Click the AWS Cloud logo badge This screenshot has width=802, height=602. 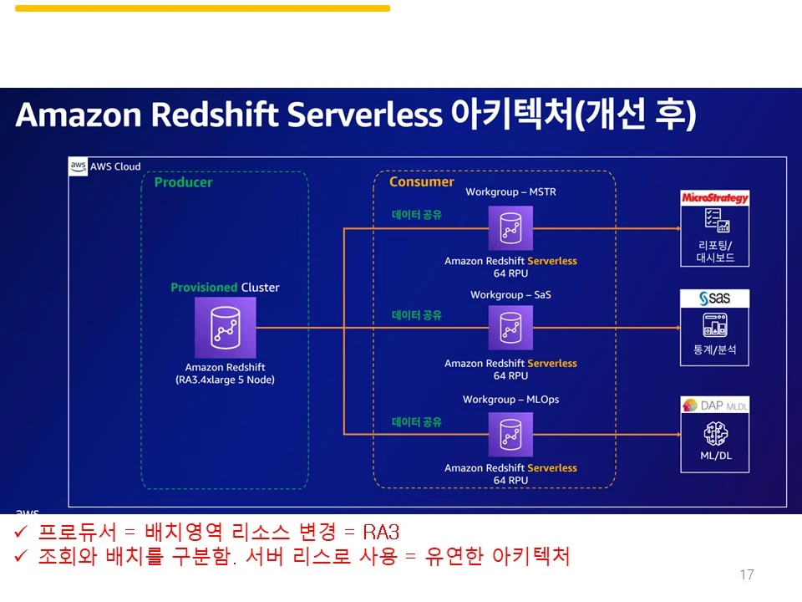tap(78, 166)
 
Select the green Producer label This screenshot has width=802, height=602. tap(184, 182)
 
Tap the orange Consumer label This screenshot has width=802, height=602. tap(422, 181)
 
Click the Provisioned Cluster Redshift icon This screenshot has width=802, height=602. tap(226, 328)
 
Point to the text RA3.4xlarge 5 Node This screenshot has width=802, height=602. tap(226, 380)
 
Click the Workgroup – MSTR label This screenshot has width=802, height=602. tap(510, 192)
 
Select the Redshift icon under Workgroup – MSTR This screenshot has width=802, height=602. tap(510, 228)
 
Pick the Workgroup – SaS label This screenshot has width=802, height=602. tap(510, 295)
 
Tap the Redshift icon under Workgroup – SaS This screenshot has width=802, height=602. tap(510, 328)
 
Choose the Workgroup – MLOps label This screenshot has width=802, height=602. tap(510, 400)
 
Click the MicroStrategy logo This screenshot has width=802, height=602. tap(715, 198)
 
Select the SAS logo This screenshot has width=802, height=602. tap(715, 298)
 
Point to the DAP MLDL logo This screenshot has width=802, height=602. tap(715, 406)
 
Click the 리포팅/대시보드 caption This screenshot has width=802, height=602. tap(715, 252)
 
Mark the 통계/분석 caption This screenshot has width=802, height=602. tap(715, 349)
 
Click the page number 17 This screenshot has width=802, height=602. tap(747, 574)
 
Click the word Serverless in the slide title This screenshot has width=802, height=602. tap(363, 115)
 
